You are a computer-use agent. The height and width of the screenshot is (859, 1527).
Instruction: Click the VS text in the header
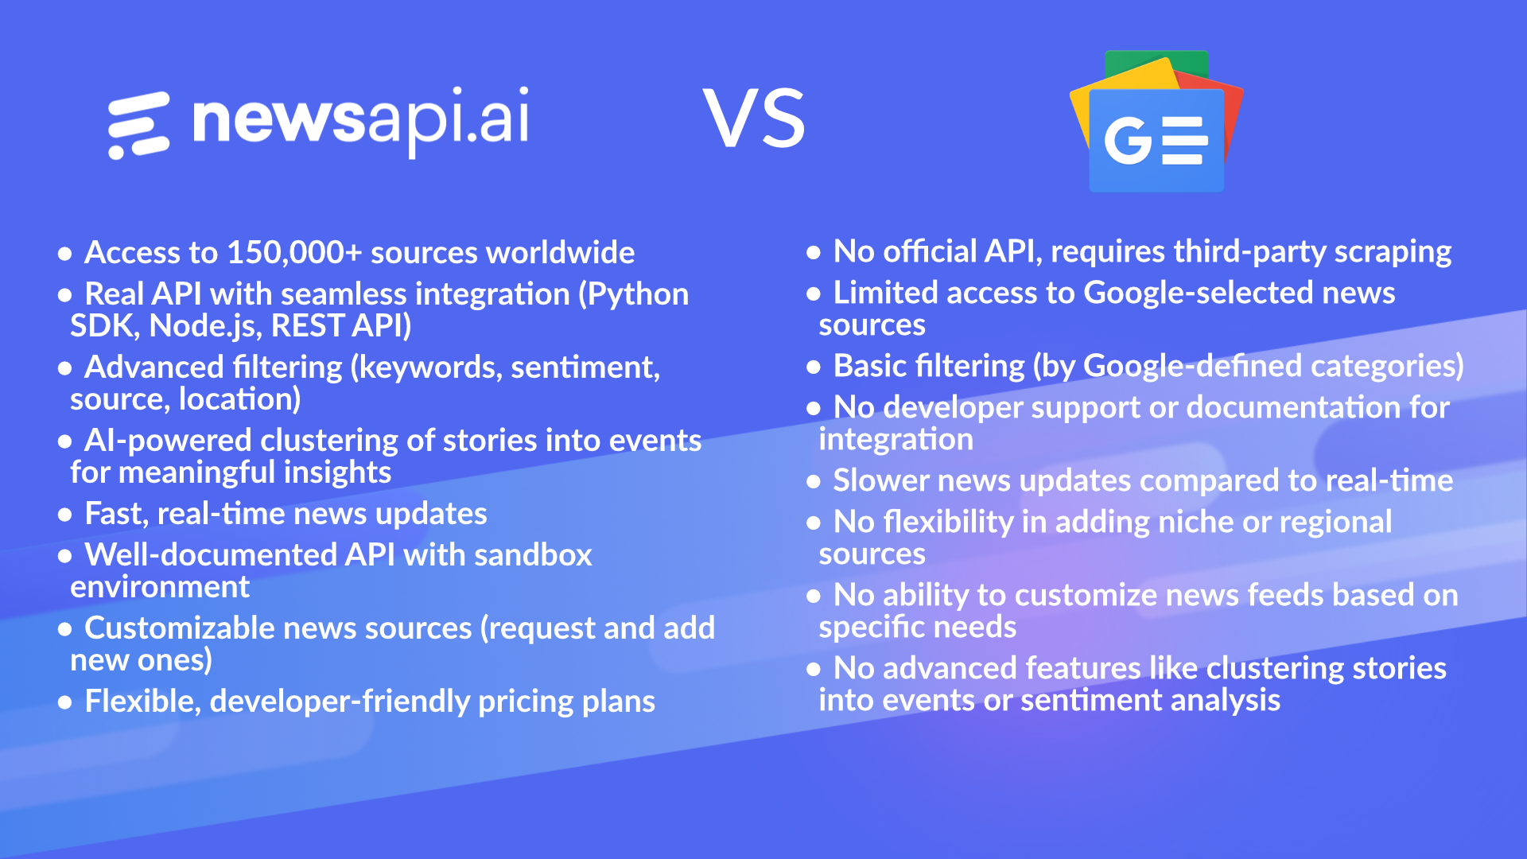(x=754, y=119)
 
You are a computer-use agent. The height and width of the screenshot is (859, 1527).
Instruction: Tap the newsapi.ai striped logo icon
(x=139, y=125)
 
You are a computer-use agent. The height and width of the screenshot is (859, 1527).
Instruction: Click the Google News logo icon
(x=1156, y=123)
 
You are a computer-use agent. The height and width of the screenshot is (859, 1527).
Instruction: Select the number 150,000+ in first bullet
(x=294, y=253)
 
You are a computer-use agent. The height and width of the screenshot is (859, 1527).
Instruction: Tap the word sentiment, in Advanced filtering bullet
(x=585, y=367)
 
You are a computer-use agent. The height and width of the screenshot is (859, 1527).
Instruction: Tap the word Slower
(x=881, y=481)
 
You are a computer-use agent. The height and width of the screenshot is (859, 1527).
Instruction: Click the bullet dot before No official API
(x=813, y=253)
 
